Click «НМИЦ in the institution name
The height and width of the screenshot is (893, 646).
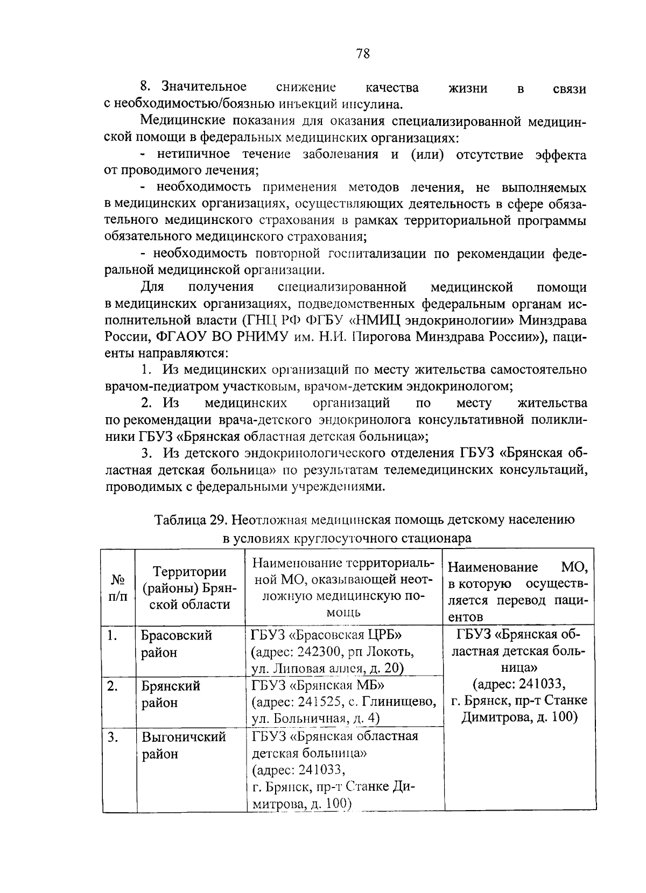(x=382, y=320)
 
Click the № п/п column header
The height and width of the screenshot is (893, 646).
(x=118, y=588)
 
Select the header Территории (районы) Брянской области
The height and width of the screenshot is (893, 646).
(x=189, y=588)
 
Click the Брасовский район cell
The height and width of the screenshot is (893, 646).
(x=177, y=644)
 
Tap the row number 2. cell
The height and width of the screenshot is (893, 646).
(x=113, y=686)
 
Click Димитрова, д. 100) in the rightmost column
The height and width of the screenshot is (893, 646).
(x=518, y=718)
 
